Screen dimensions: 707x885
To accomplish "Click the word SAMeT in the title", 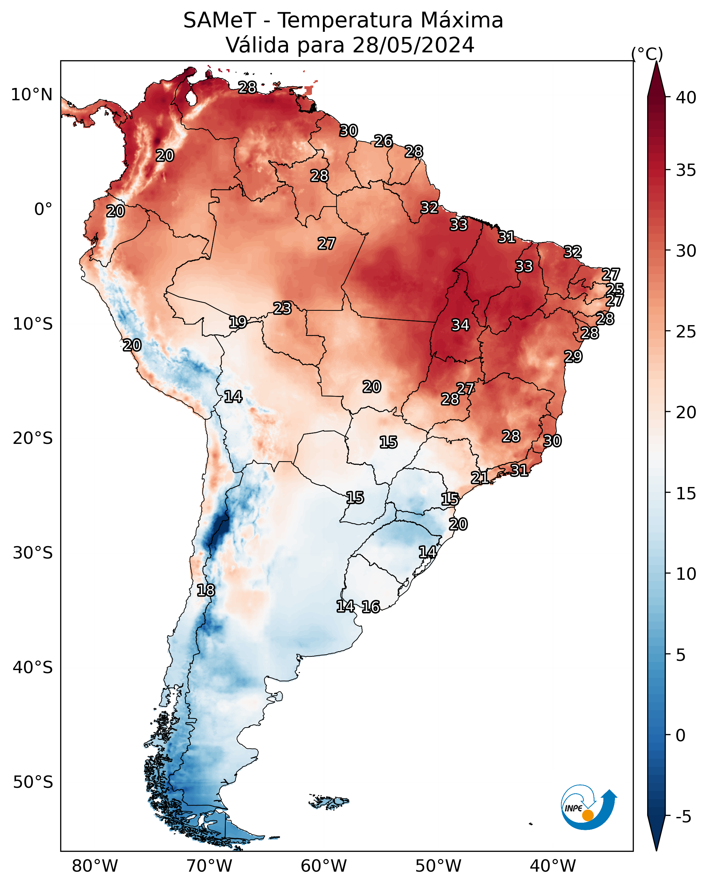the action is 220,21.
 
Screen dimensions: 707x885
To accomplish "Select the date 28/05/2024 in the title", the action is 413,45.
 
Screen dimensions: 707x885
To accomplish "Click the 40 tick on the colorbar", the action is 686,98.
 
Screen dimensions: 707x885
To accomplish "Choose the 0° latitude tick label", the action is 43,209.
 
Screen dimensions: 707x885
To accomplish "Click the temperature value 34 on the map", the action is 460,325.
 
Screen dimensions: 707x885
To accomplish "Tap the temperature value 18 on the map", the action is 206,590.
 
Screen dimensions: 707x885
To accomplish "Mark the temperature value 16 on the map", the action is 370,607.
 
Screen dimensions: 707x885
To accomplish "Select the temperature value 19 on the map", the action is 238,322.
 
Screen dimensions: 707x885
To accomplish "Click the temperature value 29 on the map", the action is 573,356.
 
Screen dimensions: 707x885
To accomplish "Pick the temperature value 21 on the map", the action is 480,477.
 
